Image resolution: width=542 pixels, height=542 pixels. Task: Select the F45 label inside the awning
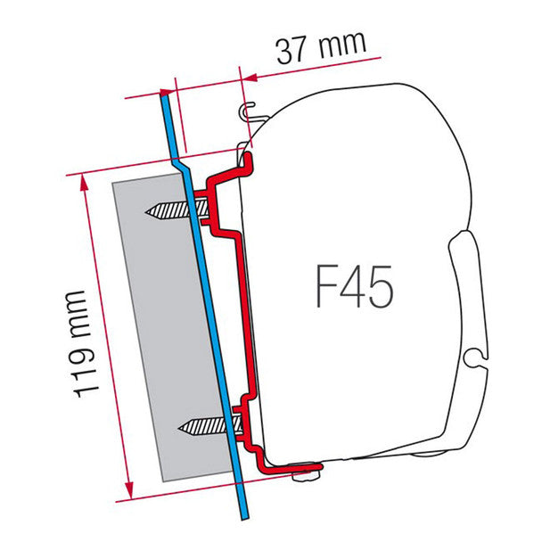pyautogui.click(x=354, y=287)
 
